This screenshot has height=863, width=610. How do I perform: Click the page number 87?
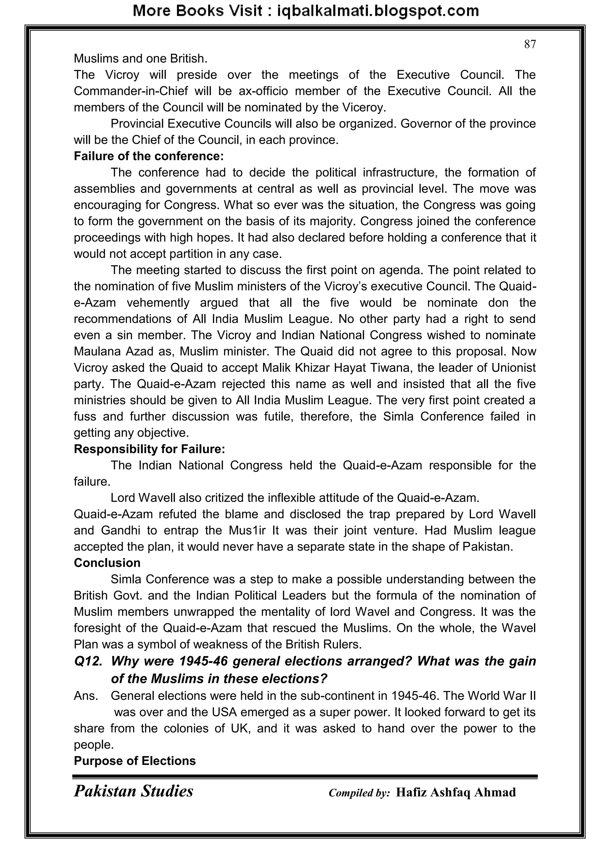[530, 44]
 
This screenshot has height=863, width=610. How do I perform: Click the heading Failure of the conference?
[148, 156]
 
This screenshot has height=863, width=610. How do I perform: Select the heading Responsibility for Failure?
[149, 449]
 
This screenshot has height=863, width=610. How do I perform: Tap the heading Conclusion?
[107, 563]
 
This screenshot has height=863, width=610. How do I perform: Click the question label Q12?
[88, 661]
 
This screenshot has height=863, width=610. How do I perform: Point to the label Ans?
[86, 696]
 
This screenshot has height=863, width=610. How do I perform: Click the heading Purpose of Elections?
[134, 761]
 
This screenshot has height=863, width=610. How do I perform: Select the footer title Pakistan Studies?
[133, 791]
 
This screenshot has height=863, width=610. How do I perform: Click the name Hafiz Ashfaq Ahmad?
[456, 792]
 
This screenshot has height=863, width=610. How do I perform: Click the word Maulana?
[97, 351]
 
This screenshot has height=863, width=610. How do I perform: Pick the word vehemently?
[158, 303]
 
